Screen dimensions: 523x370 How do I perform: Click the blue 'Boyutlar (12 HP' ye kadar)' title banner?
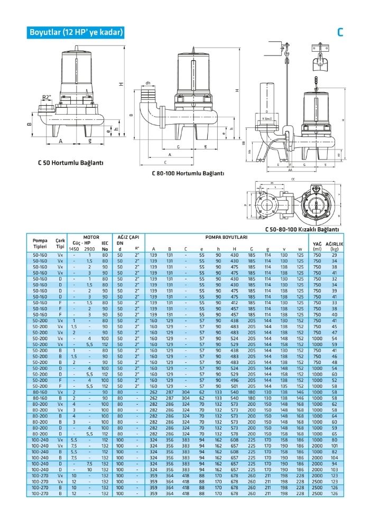click(77, 32)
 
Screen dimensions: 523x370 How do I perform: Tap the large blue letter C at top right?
click(340, 32)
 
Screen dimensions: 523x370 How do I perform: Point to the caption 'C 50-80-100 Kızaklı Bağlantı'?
click(302, 229)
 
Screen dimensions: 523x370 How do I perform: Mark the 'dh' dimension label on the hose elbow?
click(148, 83)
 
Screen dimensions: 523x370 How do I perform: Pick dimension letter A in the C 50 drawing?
click(61, 141)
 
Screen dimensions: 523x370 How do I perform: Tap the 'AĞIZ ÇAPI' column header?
click(128, 238)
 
